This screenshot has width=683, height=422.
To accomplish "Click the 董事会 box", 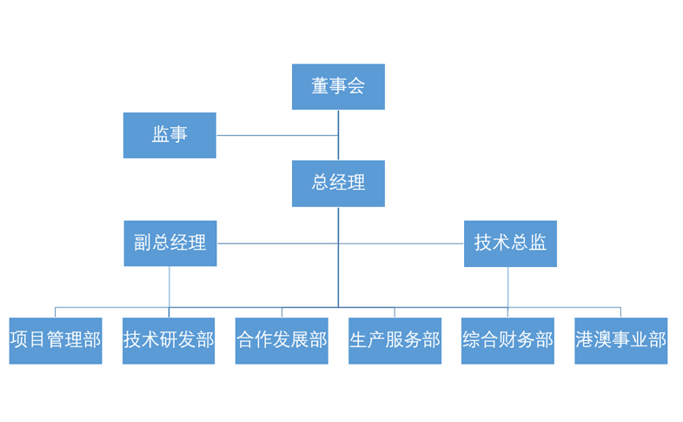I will (338, 86).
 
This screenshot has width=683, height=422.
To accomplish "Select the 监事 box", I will (169, 135).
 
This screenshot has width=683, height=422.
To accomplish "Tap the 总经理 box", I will (338, 183).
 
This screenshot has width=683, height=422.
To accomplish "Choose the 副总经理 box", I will (169, 243).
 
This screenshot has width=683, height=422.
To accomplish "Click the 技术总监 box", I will (510, 243).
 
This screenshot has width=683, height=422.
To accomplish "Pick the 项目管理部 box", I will (56, 340).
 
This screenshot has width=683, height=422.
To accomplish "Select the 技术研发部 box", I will (169, 340).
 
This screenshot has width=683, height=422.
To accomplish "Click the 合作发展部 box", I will (282, 340).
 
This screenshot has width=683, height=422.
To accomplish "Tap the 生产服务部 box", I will (395, 340).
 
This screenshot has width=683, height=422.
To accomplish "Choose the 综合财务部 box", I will (507, 340).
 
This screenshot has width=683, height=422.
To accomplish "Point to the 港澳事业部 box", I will (620, 340).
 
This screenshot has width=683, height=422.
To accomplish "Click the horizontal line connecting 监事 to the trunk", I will (276, 135).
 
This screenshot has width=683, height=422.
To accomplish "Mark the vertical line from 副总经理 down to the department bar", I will (169, 286).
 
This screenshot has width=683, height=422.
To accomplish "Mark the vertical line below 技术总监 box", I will (508, 286).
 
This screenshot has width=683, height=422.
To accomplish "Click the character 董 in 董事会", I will (321, 86).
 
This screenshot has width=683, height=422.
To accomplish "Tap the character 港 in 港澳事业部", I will (585, 340).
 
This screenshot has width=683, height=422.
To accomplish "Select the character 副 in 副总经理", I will (143, 243).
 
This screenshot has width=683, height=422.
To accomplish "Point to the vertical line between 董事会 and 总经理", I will (338, 146).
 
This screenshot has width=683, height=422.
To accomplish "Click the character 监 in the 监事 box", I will (161, 135).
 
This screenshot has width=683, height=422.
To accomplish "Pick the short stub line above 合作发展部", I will (282, 312).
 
